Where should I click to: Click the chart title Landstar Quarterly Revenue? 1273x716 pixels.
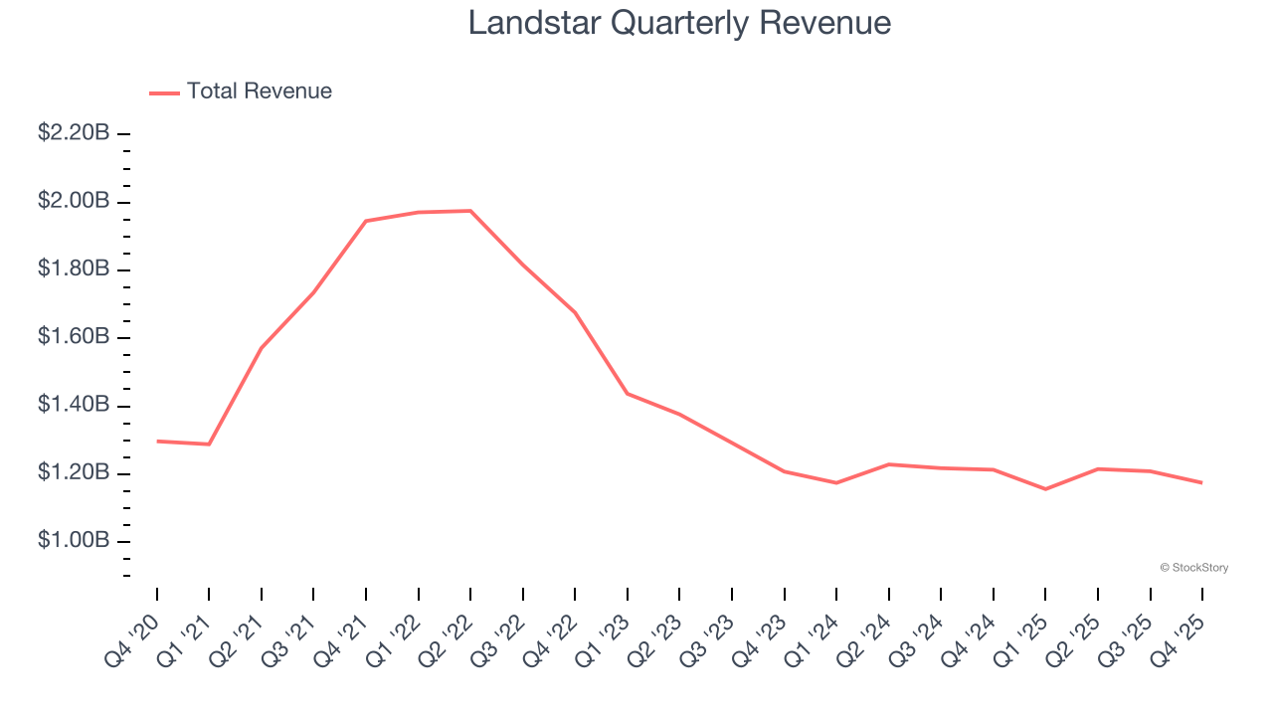pyautogui.click(x=679, y=23)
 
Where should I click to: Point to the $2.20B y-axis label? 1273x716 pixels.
pyautogui.click(x=74, y=133)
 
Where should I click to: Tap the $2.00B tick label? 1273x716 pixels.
pyautogui.click(x=74, y=202)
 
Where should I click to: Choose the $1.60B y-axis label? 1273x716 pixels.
pyautogui.click(x=74, y=337)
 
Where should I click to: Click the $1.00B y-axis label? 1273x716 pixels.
pyautogui.click(x=74, y=541)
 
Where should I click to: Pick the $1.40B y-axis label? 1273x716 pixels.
pyautogui.click(x=74, y=405)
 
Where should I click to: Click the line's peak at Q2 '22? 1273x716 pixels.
pyautogui.click(x=470, y=211)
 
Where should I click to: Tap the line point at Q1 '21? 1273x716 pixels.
pyautogui.click(x=209, y=444)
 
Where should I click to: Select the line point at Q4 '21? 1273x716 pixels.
pyautogui.click(x=366, y=221)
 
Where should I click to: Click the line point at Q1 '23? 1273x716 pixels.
pyautogui.click(x=628, y=394)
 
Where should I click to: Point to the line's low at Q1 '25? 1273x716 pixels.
pyautogui.click(x=1045, y=489)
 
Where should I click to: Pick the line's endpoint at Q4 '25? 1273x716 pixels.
pyautogui.click(x=1202, y=483)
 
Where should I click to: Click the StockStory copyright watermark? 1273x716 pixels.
pyautogui.click(x=1193, y=568)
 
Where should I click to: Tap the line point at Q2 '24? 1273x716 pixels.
pyautogui.click(x=888, y=464)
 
